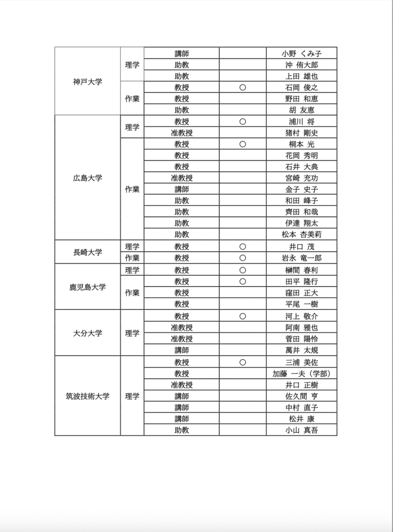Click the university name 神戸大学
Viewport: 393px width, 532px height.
pos(88,82)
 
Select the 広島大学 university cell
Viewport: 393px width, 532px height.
pos(88,178)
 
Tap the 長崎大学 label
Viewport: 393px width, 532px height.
pos(88,252)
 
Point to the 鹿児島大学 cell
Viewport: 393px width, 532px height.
pos(88,287)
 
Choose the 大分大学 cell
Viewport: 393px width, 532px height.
pos(88,334)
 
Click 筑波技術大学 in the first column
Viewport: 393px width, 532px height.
pos(88,396)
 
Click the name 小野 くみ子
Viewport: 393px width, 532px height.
pos(302,54)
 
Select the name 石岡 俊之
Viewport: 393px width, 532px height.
pos(302,87)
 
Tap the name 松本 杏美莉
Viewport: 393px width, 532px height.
pos(302,234)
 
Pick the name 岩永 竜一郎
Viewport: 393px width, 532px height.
pos(302,258)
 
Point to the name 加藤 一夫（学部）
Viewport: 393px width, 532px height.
pos(302,374)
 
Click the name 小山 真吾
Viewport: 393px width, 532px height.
pos(302,430)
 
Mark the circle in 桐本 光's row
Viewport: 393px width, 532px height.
pos(242,144)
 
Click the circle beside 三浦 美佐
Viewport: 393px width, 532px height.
pos(242,362)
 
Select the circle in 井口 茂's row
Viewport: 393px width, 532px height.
pos(242,247)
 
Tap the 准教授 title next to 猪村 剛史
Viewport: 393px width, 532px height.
pos(182,133)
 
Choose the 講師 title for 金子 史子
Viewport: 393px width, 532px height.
pos(182,190)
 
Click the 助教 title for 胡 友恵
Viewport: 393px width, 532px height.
pos(182,110)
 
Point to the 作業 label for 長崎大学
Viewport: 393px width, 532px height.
pos(132,258)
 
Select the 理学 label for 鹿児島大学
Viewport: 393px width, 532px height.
pos(132,270)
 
